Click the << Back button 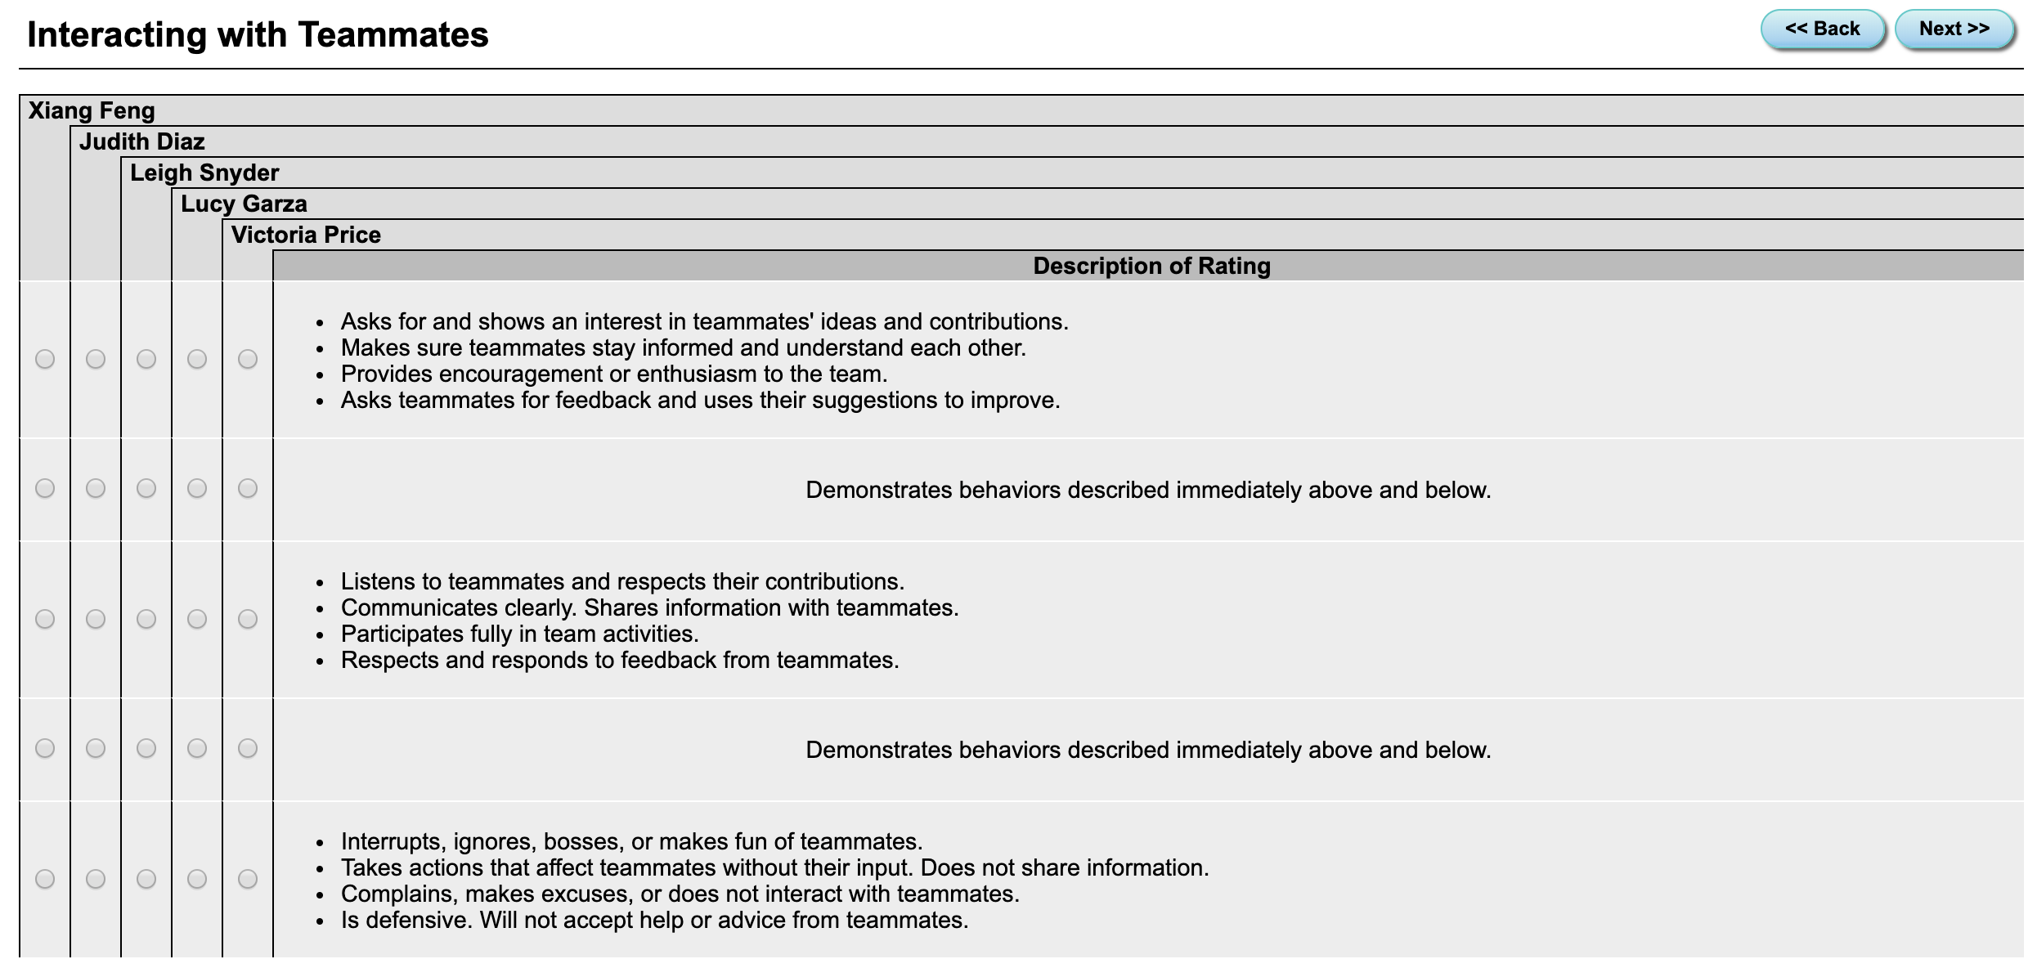(x=1822, y=29)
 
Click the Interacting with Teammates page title (x=258, y=35)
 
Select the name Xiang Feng (x=92, y=110)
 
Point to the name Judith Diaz (x=141, y=141)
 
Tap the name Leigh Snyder (x=204, y=173)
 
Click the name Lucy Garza (x=244, y=204)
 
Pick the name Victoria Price (x=306, y=235)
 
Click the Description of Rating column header (x=1151, y=266)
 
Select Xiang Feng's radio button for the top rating (x=45, y=359)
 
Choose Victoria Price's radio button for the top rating (x=248, y=359)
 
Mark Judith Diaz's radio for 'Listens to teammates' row (x=96, y=619)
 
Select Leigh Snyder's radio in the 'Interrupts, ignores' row (x=146, y=879)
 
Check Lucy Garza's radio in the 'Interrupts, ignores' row (x=197, y=879)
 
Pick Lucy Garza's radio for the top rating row (x=197, y=359)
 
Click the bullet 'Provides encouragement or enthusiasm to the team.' (x=613, y=374)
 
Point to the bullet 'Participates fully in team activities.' (x=519, y=634)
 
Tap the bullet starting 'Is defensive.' (x=654, y=920)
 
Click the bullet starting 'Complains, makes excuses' (x=680, y=894)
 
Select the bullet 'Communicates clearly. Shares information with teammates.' (x=649, y=607)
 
